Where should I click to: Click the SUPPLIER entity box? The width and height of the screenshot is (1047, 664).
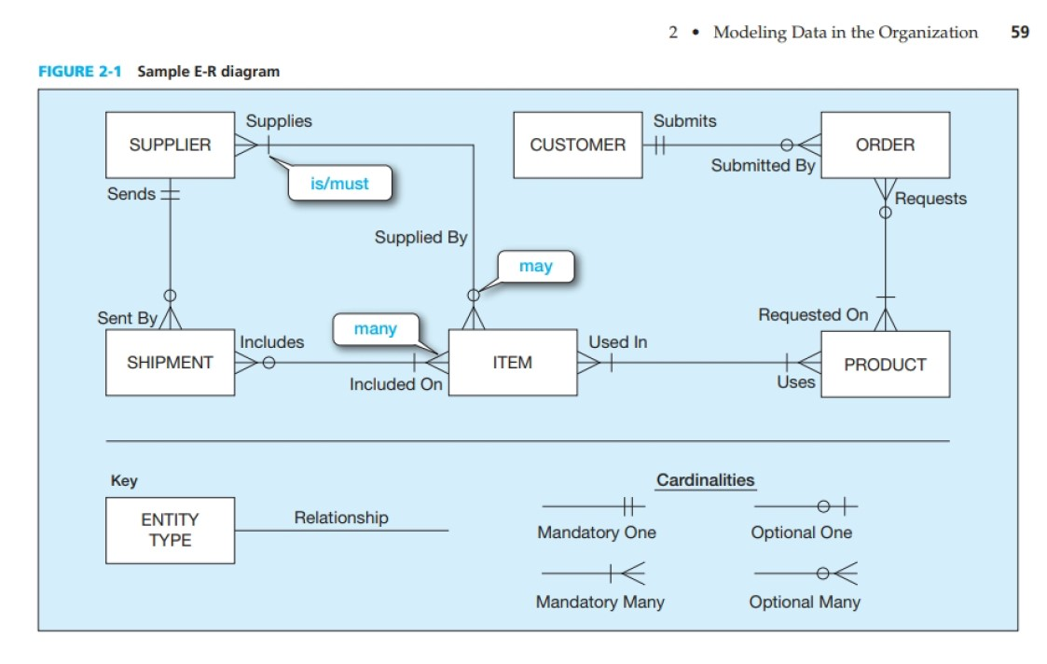170,145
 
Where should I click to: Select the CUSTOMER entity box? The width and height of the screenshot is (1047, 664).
577,145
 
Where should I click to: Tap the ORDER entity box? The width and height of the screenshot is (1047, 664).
885,145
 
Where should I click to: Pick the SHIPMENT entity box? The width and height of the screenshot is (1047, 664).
170,363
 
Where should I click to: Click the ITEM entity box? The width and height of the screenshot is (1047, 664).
512,363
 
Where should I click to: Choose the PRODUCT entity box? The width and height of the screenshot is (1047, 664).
885,365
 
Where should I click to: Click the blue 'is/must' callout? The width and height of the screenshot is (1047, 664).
339,184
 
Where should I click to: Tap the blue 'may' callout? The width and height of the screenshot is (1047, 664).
535,267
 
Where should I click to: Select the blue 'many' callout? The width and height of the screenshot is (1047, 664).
375,329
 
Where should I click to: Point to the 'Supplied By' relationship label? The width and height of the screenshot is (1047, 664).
420,238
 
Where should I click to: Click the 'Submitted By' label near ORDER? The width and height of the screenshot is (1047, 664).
763,166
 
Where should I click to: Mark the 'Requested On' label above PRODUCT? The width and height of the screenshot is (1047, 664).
812,315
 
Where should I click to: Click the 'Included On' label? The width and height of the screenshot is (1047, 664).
395,384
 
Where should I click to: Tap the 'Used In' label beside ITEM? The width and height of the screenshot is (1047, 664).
617,342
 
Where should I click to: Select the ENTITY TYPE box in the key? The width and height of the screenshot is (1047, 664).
170,530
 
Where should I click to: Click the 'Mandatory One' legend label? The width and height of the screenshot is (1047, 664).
596,533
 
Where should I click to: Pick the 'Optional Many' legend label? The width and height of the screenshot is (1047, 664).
804,602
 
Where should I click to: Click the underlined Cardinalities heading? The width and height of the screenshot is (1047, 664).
705,480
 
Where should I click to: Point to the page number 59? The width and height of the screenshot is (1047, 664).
1019,33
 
